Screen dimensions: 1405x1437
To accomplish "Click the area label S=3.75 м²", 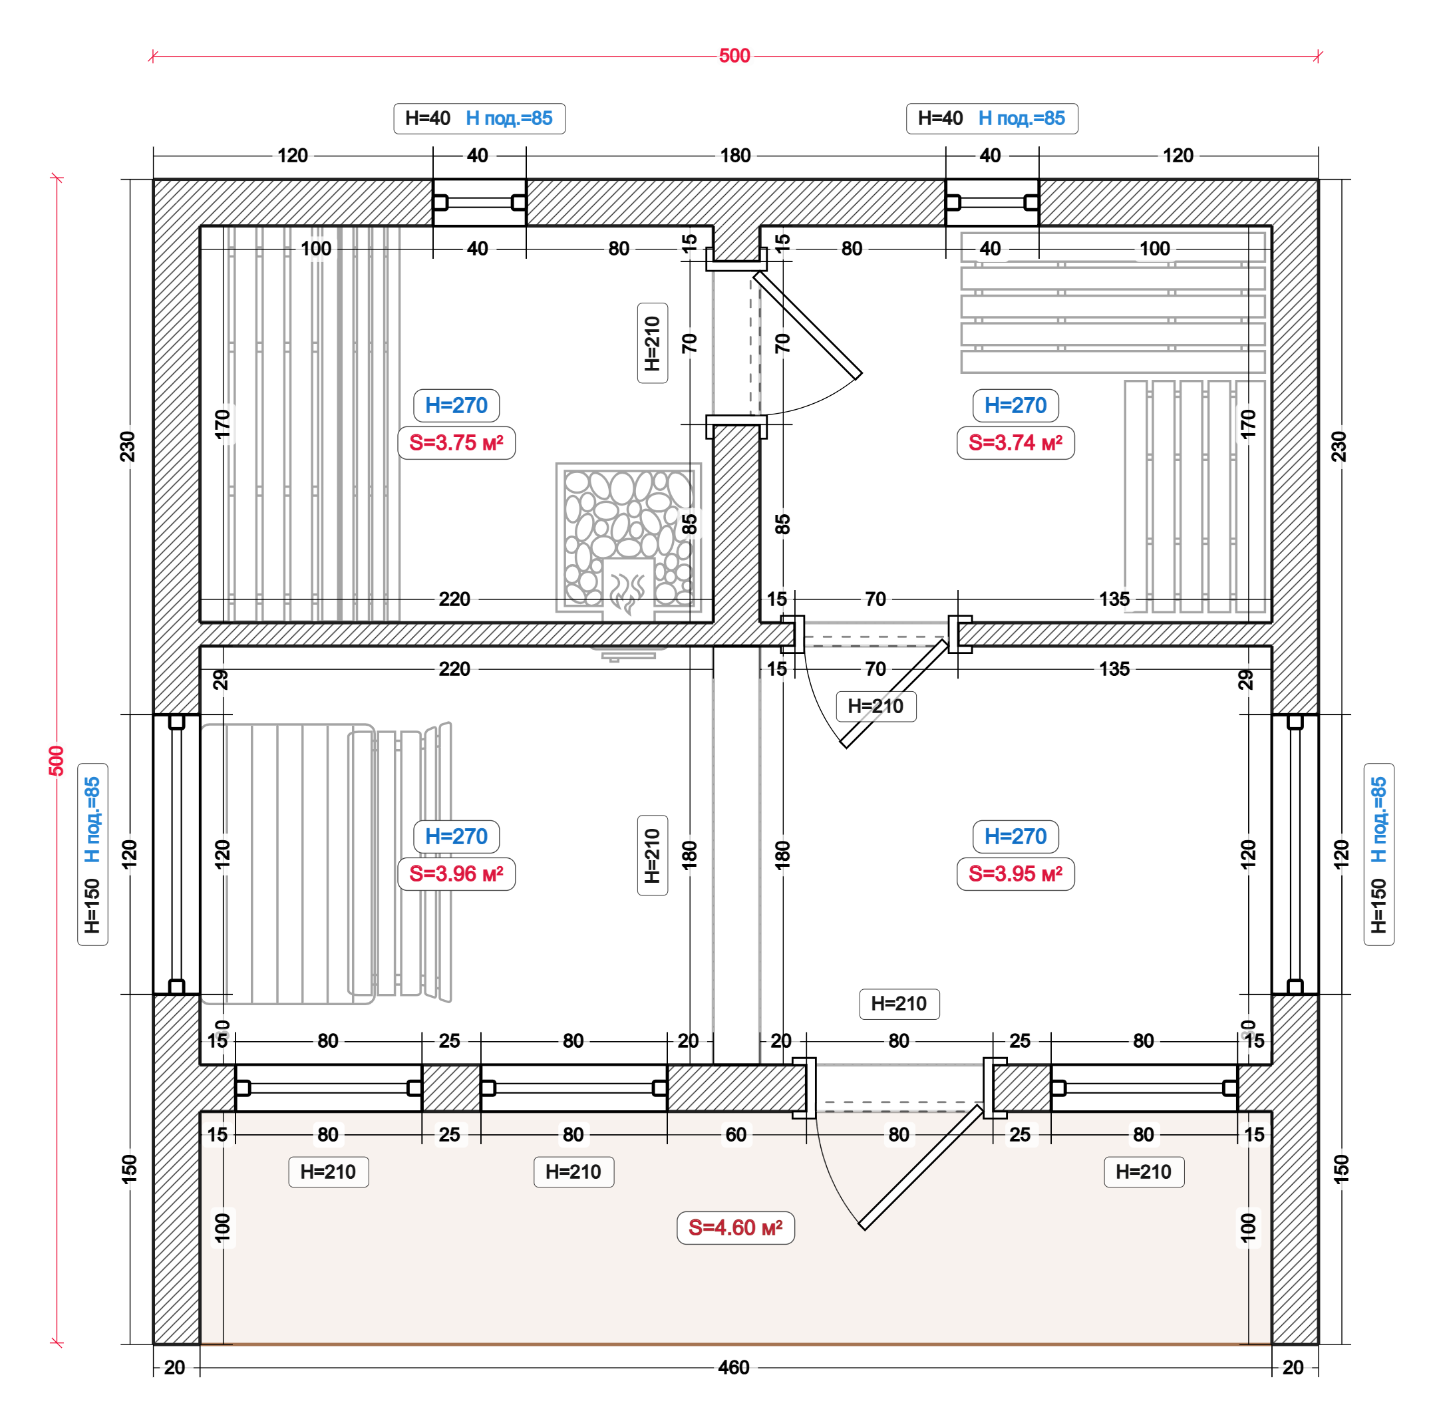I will tap(456, 443).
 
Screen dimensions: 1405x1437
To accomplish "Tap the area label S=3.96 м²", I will tap(456, 873).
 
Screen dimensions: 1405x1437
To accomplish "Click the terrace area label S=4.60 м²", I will tap(735, 1227).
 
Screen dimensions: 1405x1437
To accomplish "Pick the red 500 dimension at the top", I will tap(734, 56).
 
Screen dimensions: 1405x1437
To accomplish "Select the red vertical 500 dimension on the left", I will tap(57, 761).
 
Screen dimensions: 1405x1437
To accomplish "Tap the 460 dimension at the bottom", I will tap(733, 1367).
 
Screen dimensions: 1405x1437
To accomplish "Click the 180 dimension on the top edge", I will tap(735, 156).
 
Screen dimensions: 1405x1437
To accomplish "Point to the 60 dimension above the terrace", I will tap(735, 1134).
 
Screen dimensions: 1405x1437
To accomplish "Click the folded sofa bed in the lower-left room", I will tap(325, 863).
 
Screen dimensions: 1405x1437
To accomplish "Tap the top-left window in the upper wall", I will tap(479, 202).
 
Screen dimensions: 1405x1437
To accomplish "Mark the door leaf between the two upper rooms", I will tap(807, 325).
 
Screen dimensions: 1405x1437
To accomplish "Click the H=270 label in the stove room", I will tap(456, 405).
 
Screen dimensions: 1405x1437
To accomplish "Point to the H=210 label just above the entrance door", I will tap(898, 1004).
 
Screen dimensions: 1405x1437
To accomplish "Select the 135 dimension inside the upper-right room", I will tap(1113, 599).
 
